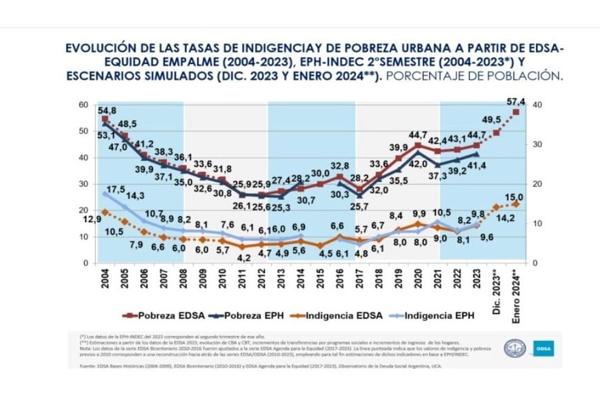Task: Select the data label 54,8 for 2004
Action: tap(106, 110)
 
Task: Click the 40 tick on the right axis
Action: tap(537, 105)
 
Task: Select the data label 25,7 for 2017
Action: tap(357, 206)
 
